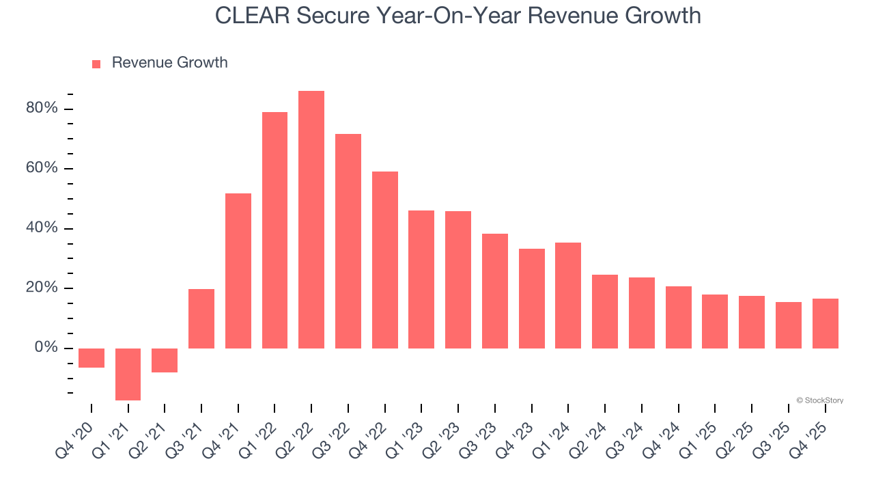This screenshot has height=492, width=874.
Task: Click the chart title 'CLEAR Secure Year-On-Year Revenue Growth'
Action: pos(457,16)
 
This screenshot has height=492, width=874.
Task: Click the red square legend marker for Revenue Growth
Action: pos(96,64)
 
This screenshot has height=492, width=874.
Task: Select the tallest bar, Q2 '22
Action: pos(311,219)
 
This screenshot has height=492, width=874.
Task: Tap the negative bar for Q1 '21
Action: pos(128,374)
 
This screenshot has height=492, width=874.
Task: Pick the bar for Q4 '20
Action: pos(91,358)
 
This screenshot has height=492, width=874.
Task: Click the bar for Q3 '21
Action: pos(201,318)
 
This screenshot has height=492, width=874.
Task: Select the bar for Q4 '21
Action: pos(238,271)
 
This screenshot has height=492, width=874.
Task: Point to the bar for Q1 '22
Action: pos(274,230)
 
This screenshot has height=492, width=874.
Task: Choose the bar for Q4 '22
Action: pos(385,260)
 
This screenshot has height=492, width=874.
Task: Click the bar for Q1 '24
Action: pos(568,295)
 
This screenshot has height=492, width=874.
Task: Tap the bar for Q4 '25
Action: pos(825,323)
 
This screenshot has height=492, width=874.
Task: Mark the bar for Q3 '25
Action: pos(788,325)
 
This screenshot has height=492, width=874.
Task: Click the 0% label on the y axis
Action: pos(46,348)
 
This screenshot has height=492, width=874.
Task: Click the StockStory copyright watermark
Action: pos(819,400)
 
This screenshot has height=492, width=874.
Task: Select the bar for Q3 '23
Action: pos(495,291)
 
